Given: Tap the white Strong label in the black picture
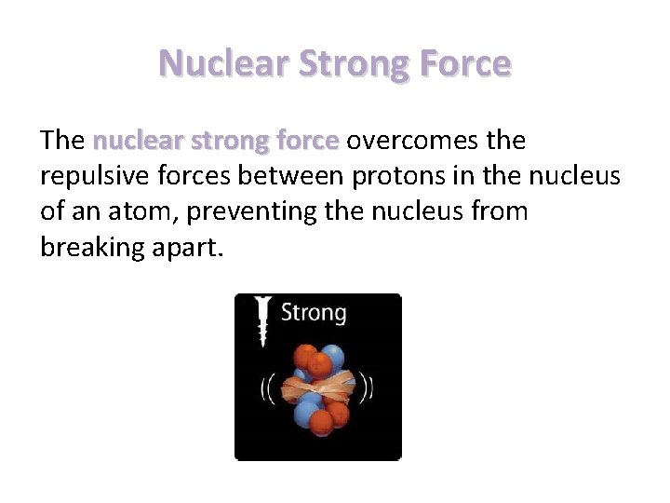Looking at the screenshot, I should pyautogui.click(x=313, y=312).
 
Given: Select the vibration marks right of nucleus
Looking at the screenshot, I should pyautogui.click(x=369, y=385).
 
